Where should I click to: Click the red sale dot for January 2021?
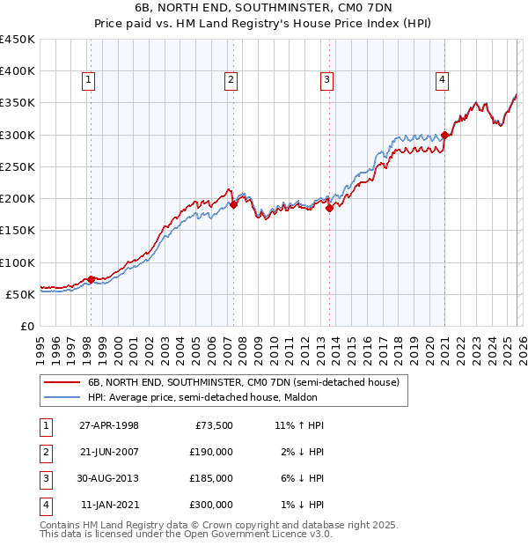click(x=445, y=136)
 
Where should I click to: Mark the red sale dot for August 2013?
click(x=330, y=209)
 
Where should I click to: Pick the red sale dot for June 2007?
click(x=234, y=205)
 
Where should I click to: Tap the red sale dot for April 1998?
click(x=91, y=279)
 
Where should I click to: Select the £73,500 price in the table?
click(x=214, y=425)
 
